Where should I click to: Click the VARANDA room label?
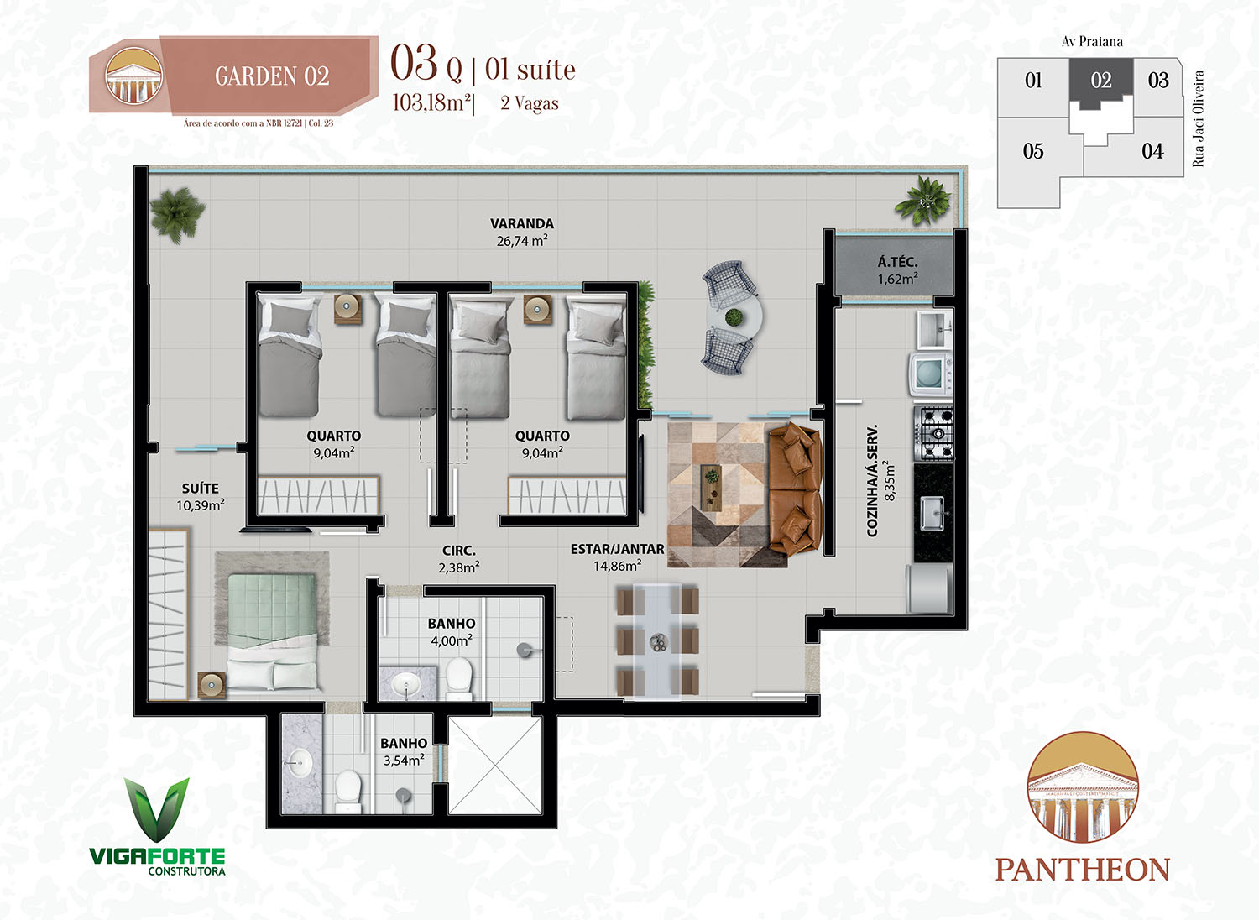point(521,223)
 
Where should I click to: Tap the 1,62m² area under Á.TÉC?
point(897,278)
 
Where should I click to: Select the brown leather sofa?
point(795,488)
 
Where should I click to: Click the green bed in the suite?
point(272,631)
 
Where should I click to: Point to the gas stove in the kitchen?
point(933,433)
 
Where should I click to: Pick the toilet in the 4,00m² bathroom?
point(458,678)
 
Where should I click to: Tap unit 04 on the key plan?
point(1152,151)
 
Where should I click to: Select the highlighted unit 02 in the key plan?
point(1100,81)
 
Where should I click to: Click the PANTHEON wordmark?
point(1083,870)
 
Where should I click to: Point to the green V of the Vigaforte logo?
point(157,809)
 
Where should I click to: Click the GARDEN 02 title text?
point(272,76)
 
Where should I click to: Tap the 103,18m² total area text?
point(431,103)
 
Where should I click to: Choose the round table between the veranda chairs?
point(734,318)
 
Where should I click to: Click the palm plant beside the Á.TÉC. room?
point(922,201)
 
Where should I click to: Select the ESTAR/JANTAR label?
point(617,549)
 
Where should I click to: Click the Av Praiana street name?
point(1092,42)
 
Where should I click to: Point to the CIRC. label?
point(458,551)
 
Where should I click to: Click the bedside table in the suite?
point(212,685)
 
